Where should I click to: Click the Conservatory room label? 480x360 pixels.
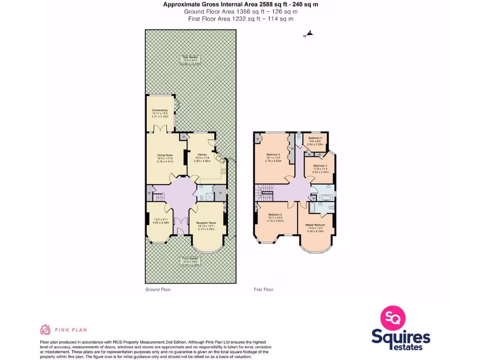click(x=160, y=110)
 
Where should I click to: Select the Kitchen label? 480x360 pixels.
click(x=202, y=155)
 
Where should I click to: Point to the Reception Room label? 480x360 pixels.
click(x=206, y=223)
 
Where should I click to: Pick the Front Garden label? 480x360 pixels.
click(x=191, y=258)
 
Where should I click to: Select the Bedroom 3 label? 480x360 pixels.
click(x=273, y=155)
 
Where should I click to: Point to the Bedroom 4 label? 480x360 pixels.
click(x=321, y=165)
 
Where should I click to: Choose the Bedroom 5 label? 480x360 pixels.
click(x=315, y=138)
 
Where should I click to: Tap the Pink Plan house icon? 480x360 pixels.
click(x=45, y=330)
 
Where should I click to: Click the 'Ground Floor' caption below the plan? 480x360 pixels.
click(x=158, y=290)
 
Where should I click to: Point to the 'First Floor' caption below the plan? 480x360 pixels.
click(x=263, y=290)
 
